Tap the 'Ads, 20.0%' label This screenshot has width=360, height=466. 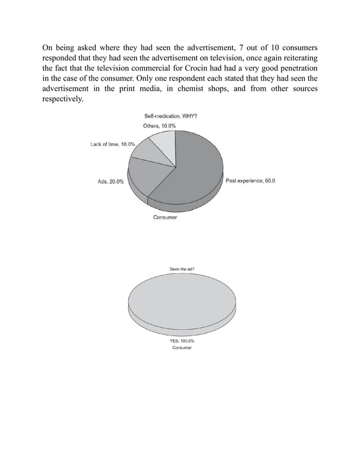[x=108, y=182]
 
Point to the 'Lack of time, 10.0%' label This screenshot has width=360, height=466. [x=113, y=144]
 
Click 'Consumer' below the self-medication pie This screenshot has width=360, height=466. [x=165, y=218]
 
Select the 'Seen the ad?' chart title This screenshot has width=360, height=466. [x=182, y=270]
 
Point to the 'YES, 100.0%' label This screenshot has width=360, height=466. [x=182, y=341]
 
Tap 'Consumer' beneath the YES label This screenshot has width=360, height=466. [x=182, y=348]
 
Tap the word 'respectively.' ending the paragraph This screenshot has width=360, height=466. [x=64, y=100]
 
